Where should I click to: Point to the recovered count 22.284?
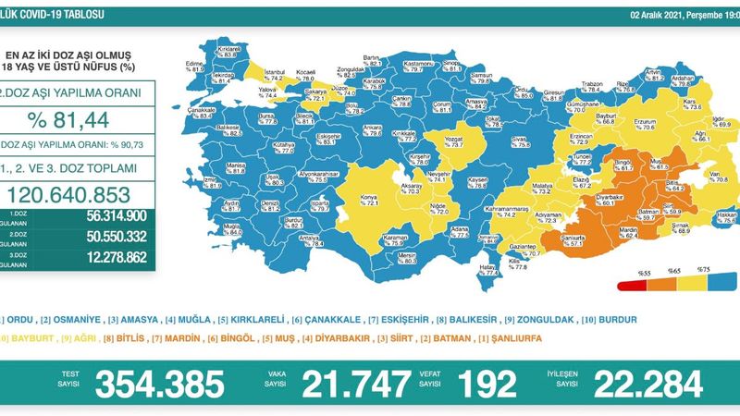tap(639, 382)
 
